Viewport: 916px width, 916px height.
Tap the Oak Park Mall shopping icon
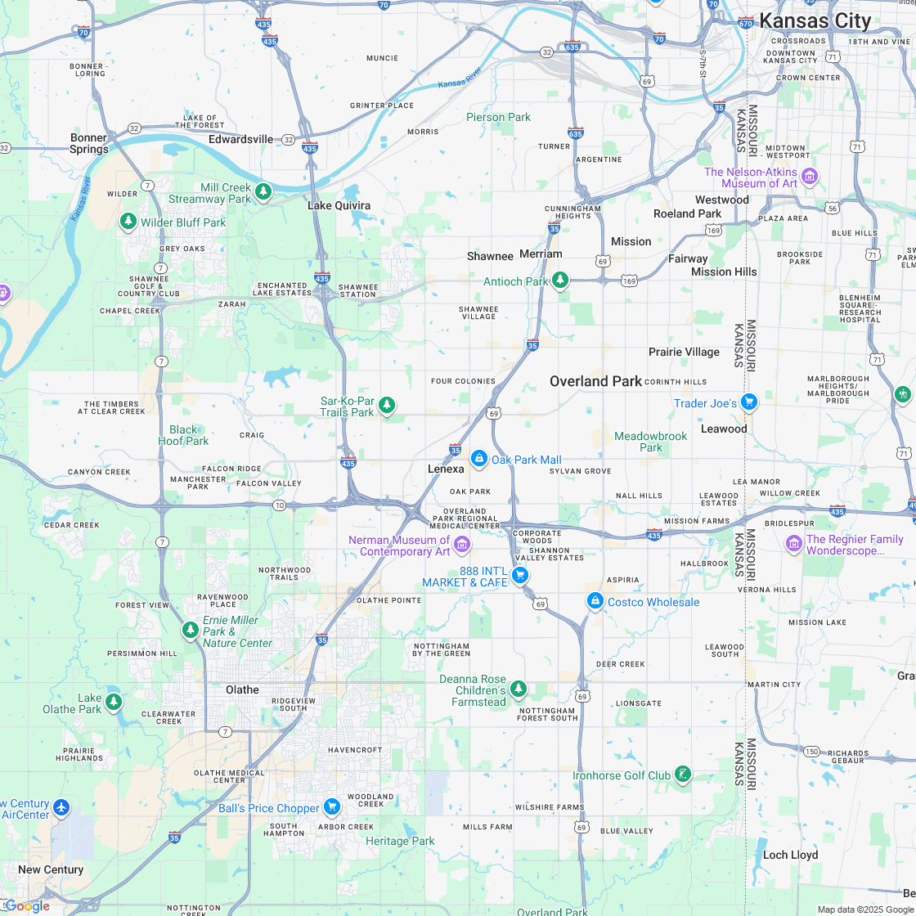[x=479, y=459]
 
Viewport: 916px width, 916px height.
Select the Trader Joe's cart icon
[x=749, y=402]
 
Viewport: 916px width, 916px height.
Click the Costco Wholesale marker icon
[x=595, y=601]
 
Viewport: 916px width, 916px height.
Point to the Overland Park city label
[x=595, y=381]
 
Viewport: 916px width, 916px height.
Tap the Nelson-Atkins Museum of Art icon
[x=810, y=176]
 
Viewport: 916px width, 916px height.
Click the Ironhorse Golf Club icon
[x=683, y=774]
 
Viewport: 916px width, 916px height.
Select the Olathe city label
[x=242, y=689]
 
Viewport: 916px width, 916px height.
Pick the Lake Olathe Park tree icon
[x=114, y=701]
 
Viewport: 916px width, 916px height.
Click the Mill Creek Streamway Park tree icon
[x=263, y=191]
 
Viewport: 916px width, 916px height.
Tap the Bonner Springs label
[x=89, y=143]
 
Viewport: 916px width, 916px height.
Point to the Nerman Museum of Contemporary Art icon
[x=462, y=544]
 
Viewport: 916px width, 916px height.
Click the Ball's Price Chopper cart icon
[x=331, y=807]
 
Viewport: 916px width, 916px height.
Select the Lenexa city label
[x=446, y=469]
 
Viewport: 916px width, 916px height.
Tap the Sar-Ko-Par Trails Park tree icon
[x=387, y=405]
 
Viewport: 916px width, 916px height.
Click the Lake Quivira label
[x=339, y=205]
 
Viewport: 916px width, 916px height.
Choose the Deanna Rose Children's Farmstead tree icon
[x=518, y=689]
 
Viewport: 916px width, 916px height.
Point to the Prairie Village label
[x=684, y=352]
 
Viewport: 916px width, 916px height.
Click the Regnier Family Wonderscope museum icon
[x=793, y=543]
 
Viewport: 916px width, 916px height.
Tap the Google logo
[x=27, y=905]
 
